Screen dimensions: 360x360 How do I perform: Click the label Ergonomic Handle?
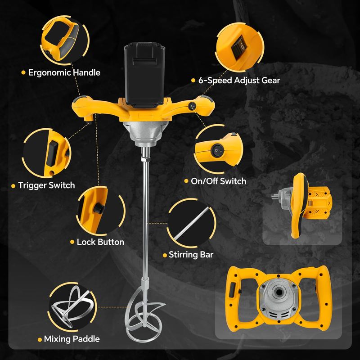coord(64,72)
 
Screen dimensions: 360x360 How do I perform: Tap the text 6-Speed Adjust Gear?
coord(239,81)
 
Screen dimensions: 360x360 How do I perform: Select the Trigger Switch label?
coord(46,185)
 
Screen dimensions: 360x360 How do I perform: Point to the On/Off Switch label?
coord(218,181)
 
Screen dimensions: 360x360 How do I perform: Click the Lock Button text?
coord(100,242)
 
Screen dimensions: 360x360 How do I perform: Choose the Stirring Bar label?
coord(191,255)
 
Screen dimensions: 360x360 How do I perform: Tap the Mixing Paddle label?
coord(72,339)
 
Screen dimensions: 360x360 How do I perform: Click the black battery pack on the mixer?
coord(144,75)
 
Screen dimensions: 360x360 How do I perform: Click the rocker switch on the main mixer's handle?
coord(192,106)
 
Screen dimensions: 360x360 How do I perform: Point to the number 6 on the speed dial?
coord(242,46)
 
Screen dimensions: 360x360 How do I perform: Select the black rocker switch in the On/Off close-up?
coord(217,150)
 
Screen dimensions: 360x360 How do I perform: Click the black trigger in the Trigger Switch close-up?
coord(52,153)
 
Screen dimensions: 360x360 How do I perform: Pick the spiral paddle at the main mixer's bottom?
coord(144,315)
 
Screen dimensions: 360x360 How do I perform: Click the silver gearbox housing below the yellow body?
coord(145,133)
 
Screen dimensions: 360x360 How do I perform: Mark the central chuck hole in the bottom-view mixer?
coord(278,292)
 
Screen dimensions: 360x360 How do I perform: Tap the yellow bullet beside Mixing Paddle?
coord(40,340)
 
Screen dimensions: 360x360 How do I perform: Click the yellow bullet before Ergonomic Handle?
coord(23,72)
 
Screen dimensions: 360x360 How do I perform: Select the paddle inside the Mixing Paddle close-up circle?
coord(70,306)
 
